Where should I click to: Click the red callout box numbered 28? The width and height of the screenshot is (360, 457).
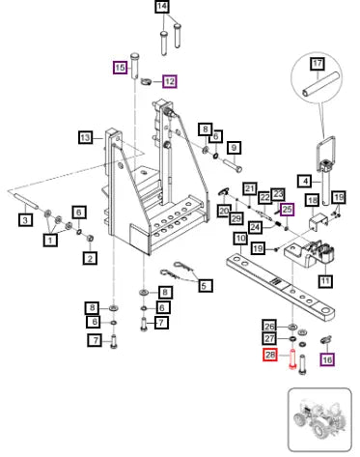pos(270,355)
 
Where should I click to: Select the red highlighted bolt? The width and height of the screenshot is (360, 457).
pos(292,358)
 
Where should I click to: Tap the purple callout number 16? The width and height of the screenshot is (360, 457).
pos(327,359)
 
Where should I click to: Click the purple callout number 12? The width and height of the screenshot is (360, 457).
pos(170,81)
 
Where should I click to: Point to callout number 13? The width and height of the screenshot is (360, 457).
pos(86,138)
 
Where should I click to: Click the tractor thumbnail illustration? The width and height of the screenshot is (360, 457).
pos(319,420)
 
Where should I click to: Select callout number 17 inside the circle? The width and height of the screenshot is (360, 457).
pos(318,63)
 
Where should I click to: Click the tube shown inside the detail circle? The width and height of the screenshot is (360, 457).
pos(320,84)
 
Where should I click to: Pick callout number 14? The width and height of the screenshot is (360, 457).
pos(162,7)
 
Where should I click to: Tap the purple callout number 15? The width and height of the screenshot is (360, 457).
pos(120,68)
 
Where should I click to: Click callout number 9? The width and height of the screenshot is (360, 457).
pos(234,148)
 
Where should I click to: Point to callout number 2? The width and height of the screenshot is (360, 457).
pos(90,258)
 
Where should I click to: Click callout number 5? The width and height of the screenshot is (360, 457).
pos(205,285)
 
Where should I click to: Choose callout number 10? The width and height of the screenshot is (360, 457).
pos(240,239)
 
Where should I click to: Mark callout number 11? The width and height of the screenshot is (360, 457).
pos(325,281)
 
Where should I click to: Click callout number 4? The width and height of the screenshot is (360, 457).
pos(305,182)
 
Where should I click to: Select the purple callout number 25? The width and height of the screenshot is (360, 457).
pos(288,210)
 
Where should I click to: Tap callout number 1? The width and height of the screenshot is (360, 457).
pos(50,240)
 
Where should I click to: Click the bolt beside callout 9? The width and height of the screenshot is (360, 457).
pos(233,165)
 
